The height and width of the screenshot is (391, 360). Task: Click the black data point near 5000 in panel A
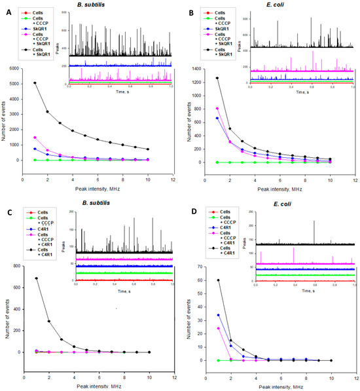coord(35,83)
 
